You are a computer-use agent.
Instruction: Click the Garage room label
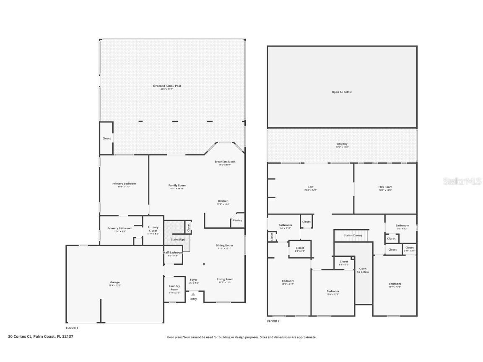[x=114, y=282]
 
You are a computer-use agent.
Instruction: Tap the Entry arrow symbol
[x=193, y=295]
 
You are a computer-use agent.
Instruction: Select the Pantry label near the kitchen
[x=237, y=220]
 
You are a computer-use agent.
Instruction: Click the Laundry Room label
[x=174, y=288]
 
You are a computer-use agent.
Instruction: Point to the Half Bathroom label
[x=173, y=253]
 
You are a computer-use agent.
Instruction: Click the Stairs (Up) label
[x=178, y=239]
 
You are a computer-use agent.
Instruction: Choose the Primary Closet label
[x=153, y=229]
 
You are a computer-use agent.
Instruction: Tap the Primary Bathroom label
[x=119, y=228]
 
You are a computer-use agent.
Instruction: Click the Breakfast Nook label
[x=225, y=162]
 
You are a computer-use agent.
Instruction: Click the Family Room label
[x=177, y=185]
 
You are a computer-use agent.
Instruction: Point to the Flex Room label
[x=385, y=187]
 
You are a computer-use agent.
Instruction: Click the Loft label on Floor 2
[x=311, y=187]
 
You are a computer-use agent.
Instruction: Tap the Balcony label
[x=342, y=144]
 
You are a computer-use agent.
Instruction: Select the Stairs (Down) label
[x=353, y=235]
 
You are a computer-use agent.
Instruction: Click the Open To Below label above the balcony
[x=342, y=92]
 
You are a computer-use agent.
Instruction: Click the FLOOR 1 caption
[x=72, y=328]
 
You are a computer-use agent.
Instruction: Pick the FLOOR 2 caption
[x=273, y=321]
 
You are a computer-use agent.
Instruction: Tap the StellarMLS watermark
[x=460, y=181]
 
